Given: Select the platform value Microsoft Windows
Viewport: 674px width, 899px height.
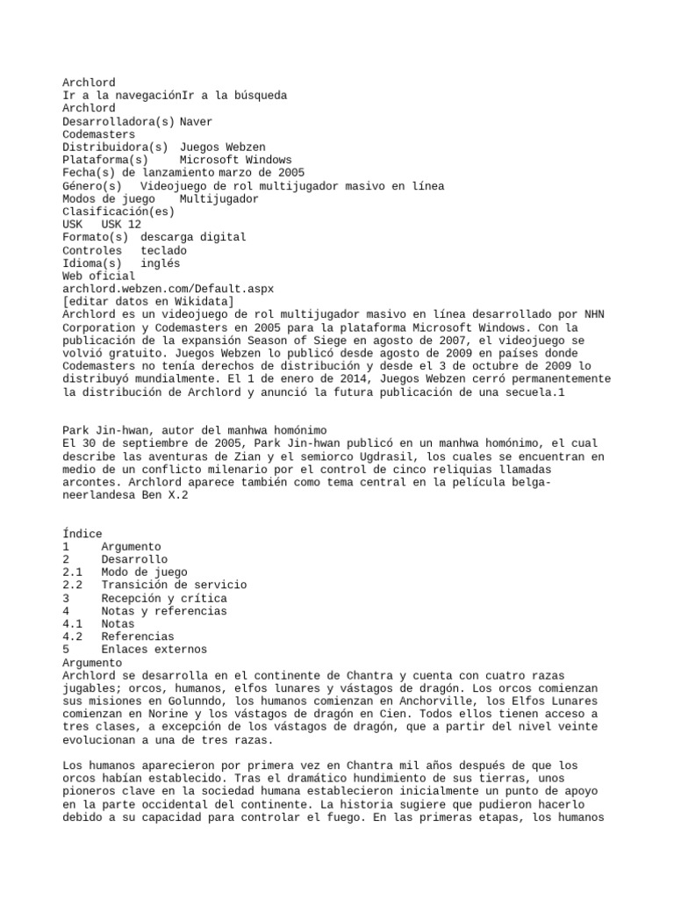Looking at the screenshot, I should (235, 160).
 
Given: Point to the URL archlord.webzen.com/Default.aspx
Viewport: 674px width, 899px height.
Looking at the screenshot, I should (168, 288).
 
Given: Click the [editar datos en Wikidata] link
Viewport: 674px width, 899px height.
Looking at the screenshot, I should (148, 301).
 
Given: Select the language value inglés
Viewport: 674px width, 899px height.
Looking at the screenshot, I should (160, 263).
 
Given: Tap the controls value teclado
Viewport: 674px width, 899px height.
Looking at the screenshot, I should (163, 250).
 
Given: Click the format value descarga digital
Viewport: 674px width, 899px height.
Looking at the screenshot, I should (193, 237).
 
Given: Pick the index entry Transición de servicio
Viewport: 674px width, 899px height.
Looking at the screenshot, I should (174, 585).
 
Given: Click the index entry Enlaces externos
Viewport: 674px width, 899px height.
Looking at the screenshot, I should (154, 650).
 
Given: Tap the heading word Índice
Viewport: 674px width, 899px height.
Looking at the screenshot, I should (82, 534).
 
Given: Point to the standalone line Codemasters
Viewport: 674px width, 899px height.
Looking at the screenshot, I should (98, 134).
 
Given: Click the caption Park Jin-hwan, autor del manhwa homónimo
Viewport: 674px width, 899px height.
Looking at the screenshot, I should (195, 429).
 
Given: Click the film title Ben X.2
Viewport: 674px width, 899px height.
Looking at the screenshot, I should (163, 495).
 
